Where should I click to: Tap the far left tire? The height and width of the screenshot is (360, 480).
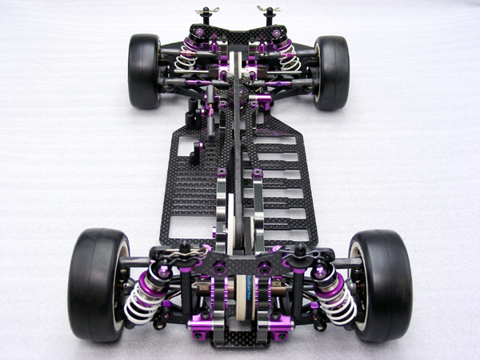coord(144,71)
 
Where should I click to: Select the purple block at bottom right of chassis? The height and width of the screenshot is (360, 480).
coord(280,328)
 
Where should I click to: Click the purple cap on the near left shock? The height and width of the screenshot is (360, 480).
coord(164,273)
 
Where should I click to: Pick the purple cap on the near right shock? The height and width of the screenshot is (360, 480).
coord(319,273)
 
